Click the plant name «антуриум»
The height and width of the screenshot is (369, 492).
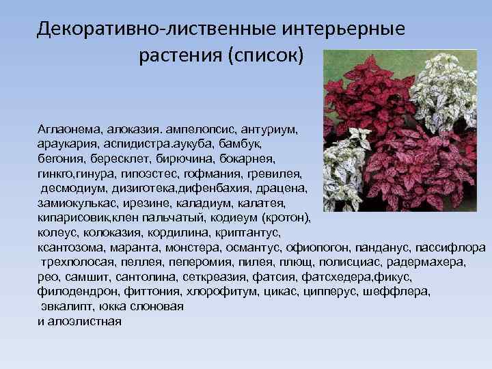274,128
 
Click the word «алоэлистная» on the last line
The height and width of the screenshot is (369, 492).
86,321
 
